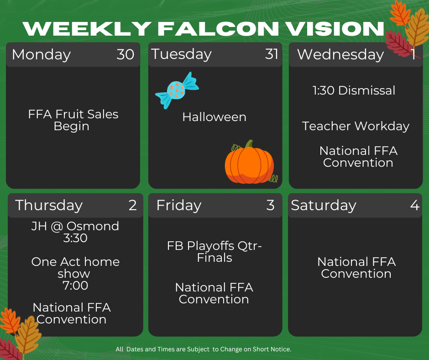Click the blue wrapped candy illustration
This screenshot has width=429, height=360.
[x=177, y=90]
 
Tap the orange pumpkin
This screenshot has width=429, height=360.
[x=249, y=163]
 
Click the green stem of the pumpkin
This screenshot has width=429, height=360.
[x=249, y=144]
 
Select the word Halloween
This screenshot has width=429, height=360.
[x=214, y=117]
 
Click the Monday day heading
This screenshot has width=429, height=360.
[x=42, y=55]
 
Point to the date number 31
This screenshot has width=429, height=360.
[x=272, y=54]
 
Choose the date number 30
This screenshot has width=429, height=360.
[x=126, y=54]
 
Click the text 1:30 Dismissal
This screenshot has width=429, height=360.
[x=354, y=90]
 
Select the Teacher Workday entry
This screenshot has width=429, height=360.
[x=356, y=126]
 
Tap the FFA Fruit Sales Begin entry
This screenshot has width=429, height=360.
[x=73, y=120]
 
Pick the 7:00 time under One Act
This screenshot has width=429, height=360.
[x=75, y=286]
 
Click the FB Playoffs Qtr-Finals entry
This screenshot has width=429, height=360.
[x=214, y=252]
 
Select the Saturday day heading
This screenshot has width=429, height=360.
[x=324, y=206]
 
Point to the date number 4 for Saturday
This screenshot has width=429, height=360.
[x=415, y=205]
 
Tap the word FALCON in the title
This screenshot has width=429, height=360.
[x=218, y=28]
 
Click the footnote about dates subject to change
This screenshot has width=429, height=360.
[x=204, y=349]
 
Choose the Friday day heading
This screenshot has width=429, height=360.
[x=179, y=206]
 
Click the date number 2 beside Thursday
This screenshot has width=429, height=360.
[x=133, y=205]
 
